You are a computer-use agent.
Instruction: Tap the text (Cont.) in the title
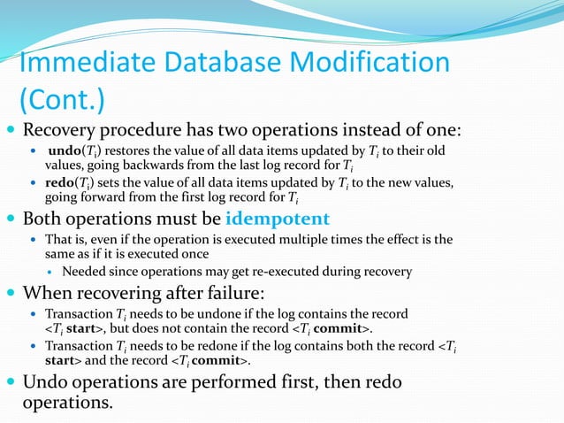point(61,100)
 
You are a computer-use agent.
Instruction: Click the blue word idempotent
point(278,219)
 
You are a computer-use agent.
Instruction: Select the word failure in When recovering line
point(229,293)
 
